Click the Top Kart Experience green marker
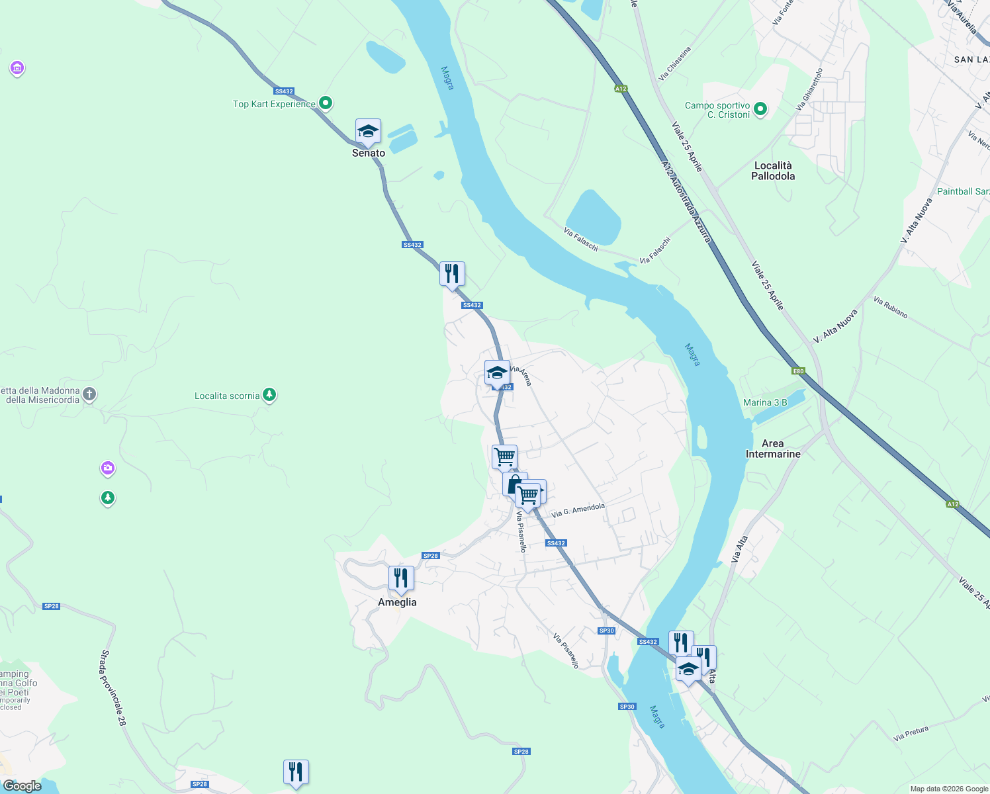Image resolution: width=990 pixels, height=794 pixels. [x=325, y=103]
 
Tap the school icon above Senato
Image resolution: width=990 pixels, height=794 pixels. [x=368, y=131]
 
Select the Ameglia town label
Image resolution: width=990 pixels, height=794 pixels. [x=397, y=602]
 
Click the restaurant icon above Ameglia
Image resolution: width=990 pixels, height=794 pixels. [x=400, y=578]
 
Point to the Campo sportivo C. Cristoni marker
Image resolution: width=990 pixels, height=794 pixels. [x=760, y=109]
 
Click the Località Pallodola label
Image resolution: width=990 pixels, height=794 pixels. [x=773, y=171]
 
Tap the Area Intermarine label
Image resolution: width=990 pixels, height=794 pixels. [x=773, y=449]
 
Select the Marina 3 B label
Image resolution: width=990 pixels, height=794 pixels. [x=765, y=402]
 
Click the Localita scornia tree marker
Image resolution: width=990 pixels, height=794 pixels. [x=269, y=395]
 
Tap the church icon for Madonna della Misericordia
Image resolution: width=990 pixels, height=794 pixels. [x=89, y=394]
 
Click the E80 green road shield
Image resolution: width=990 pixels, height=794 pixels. [x=799, y=371]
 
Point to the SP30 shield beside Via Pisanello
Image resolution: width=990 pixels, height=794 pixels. [x=606, y=631]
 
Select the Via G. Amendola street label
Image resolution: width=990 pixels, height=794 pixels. [x=578, y=510]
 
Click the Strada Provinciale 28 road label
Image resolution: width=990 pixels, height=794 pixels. [x=113, y=688]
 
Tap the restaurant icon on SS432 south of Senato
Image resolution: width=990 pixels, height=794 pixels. [x=452, y=273]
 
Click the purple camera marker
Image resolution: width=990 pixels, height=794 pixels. [x=108, y=468]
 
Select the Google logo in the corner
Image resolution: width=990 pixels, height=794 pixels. [x=22, y=785]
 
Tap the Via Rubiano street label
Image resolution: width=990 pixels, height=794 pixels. [x=890, y=308]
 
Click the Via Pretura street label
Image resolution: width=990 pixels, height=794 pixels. [x=911, y=733]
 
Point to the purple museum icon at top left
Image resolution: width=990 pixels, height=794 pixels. [x=17, y=67]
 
